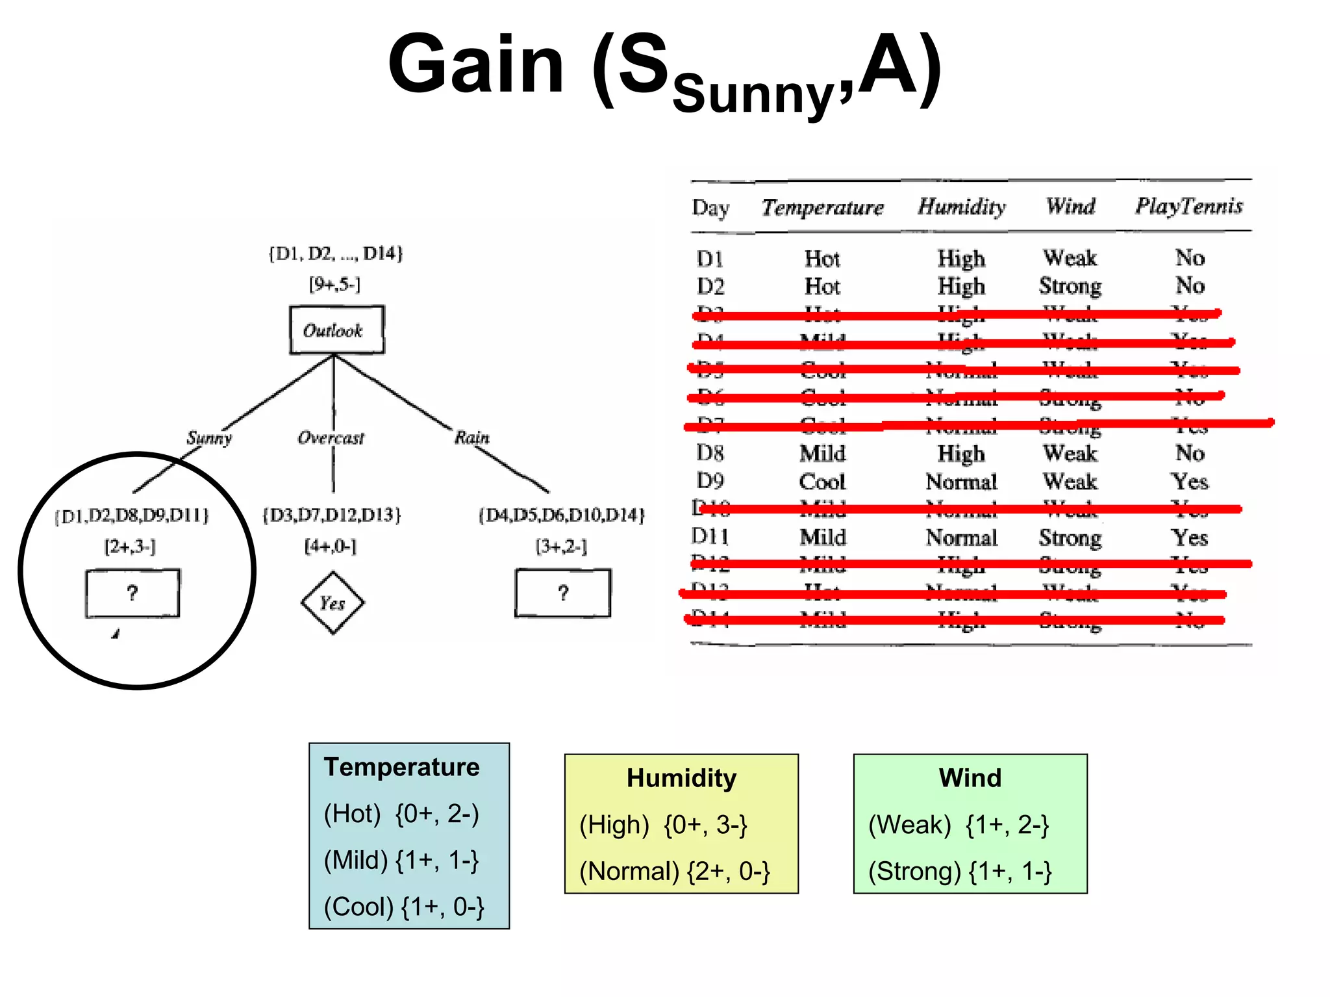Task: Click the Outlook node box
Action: pos(336,330)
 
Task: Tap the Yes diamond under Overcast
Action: pos(332,603)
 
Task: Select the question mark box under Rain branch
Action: pos(562,593)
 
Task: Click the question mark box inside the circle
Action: pos(132,593)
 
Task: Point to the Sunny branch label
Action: pos(209,437)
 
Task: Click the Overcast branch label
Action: pos(331,437)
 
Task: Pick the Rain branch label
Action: pos(472,437)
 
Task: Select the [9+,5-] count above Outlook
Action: pos(334,284)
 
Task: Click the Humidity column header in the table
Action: pos(961,206)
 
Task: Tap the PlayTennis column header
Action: pos(1188,206)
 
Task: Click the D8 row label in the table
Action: pos(710,452)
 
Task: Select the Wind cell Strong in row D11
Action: pos(1070,537)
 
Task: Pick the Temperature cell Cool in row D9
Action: pos(822,482)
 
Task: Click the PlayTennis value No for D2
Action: pos(1190,285)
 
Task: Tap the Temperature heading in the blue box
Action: pos(401,767)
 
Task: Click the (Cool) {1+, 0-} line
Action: pos(404,907)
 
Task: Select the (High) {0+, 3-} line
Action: pos(663,825)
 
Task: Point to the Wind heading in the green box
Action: pos(970,778)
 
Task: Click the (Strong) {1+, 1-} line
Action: pos(960,872)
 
